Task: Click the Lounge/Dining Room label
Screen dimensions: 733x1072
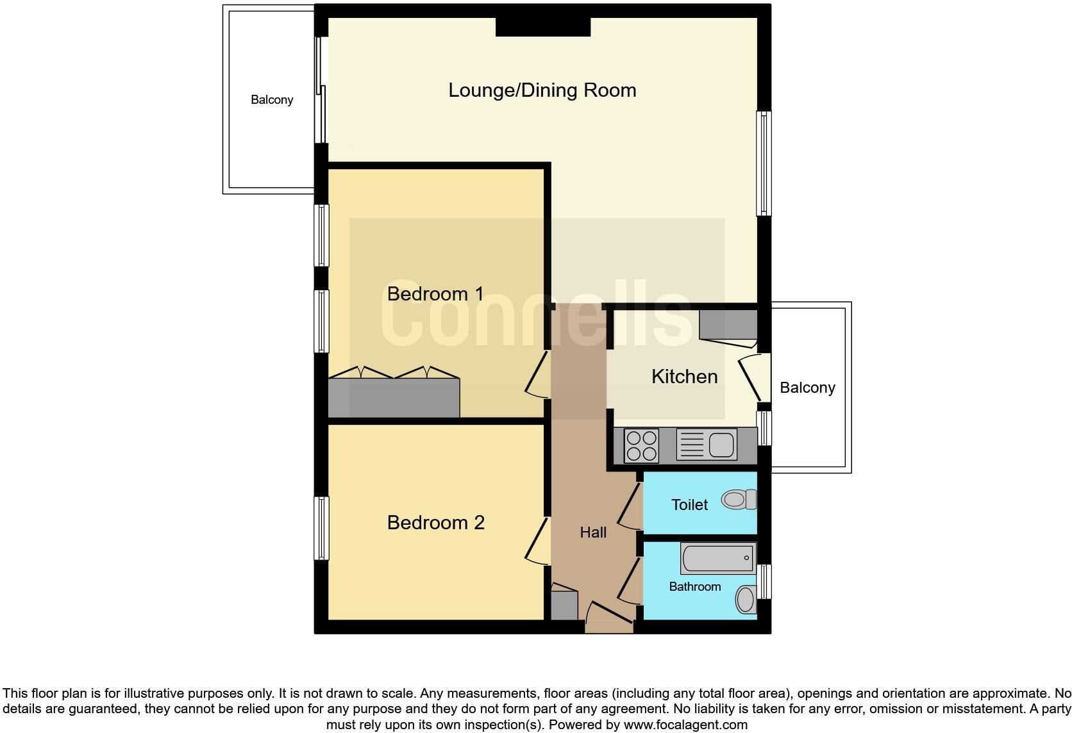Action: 542,90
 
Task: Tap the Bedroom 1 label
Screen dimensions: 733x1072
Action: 435,294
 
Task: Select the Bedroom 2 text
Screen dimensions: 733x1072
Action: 435,523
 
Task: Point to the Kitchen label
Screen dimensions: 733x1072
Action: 684,377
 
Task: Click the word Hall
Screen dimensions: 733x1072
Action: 592,532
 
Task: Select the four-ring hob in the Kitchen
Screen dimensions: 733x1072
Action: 641,445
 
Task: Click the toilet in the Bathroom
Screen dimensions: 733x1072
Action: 746,599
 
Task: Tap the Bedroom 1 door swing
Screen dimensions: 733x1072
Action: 537,374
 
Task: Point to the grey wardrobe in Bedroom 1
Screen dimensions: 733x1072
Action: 394,398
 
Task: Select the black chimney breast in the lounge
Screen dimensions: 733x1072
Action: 542,27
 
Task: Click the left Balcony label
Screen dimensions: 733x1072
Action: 272,100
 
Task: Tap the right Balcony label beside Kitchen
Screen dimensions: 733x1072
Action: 807,388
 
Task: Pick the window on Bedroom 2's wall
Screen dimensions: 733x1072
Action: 321,528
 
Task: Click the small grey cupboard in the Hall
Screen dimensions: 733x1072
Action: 564,605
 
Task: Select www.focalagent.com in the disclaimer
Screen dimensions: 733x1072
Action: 685,725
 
